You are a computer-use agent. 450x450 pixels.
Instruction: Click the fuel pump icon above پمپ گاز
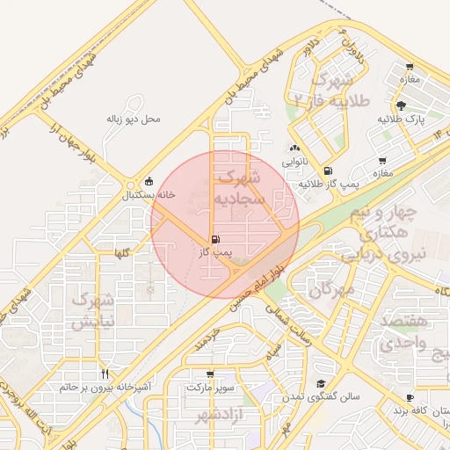[215, 238]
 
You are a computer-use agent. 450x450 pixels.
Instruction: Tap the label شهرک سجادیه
[238, 188]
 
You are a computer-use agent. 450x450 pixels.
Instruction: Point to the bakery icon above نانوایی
[294, 149]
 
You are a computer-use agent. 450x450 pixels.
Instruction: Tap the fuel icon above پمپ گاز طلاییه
[329, 171]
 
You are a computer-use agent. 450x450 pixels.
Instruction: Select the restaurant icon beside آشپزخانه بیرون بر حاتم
[105, 374]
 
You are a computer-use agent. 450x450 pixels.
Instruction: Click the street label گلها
[120, 253]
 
